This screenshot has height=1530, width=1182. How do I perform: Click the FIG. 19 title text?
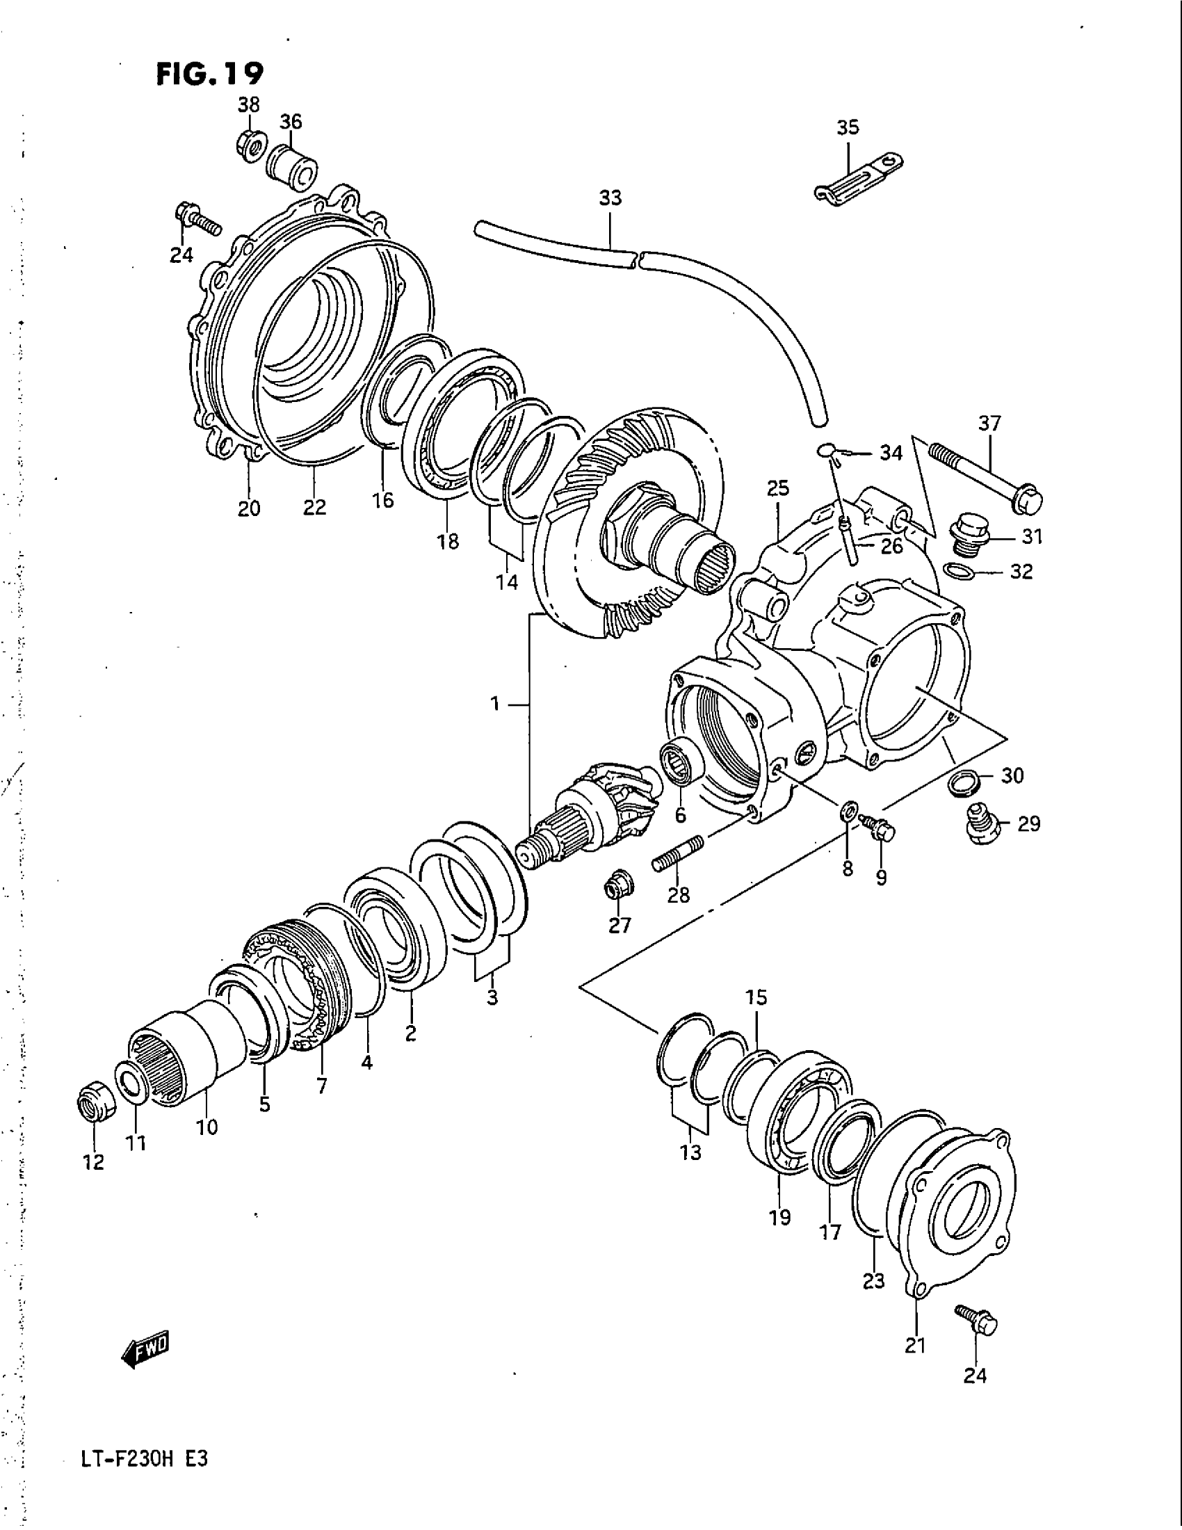(x=209, y=72)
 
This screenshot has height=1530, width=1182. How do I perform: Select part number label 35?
(x=848, y=127)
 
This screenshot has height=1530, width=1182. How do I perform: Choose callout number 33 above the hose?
(x=609, y=198)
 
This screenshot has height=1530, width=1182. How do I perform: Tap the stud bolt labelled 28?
(x=678, y=853)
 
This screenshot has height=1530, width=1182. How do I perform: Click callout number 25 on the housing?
(x=777, y=488)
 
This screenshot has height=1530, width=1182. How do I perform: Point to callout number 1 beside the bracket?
(x=494, y=704)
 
